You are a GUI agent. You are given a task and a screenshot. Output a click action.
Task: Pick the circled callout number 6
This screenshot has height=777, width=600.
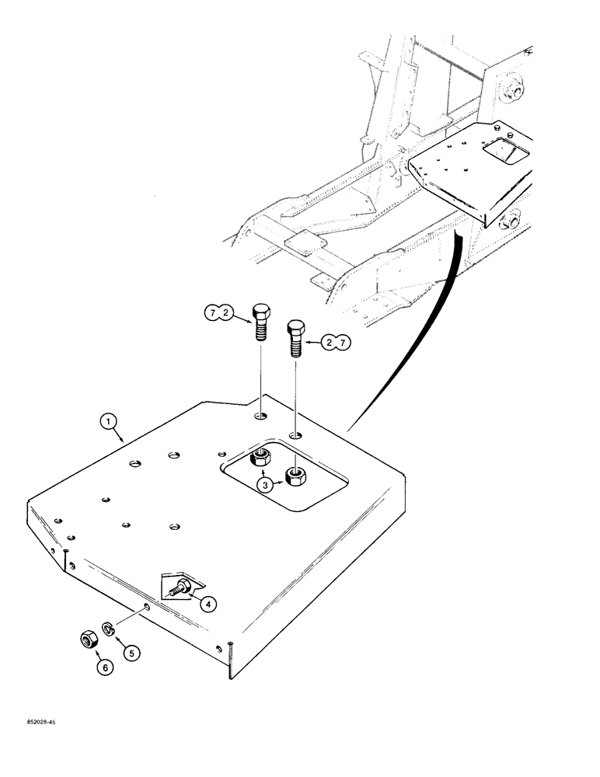coord(103,665)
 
